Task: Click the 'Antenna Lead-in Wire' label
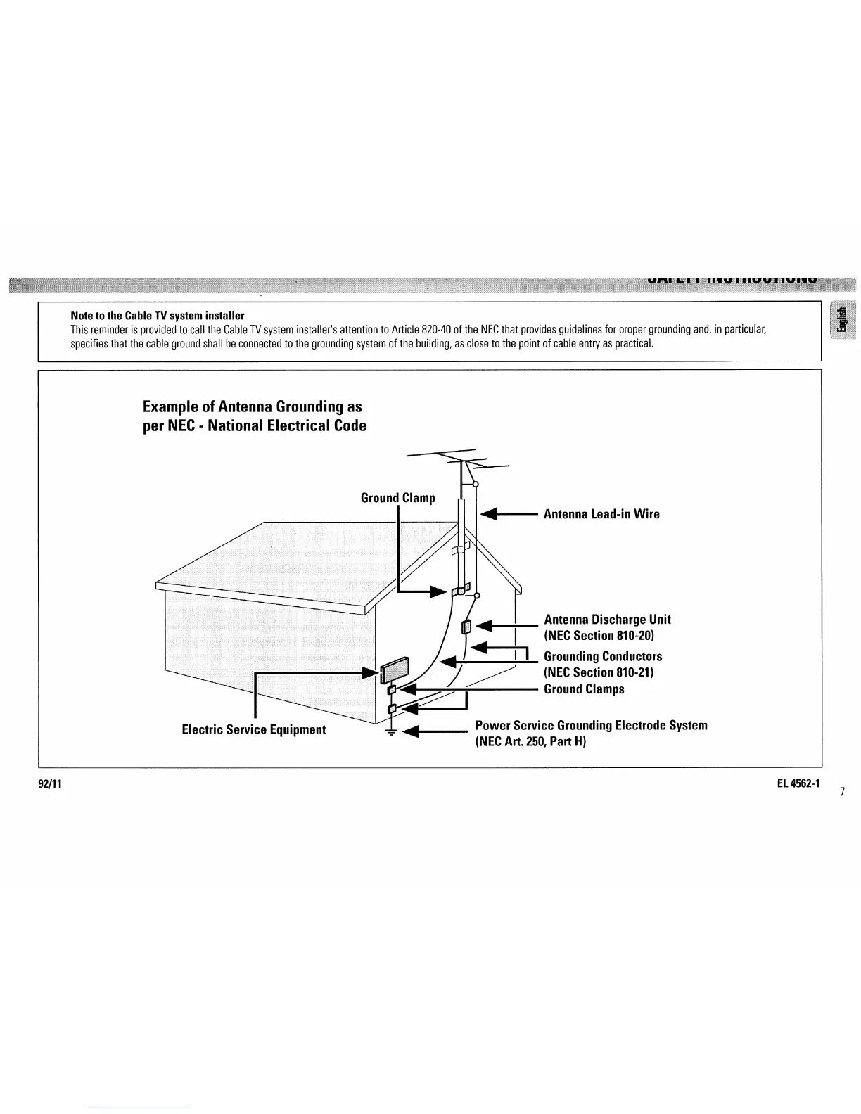(x=601, y=514)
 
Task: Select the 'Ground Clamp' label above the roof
(x=397, y=498)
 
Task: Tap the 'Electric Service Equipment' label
(x=253, y=729)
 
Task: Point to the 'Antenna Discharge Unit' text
(x=607, y=620)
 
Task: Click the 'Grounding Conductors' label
(x=603, y=656)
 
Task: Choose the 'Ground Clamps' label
(x=584, y=689)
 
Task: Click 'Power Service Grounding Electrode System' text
(x=591, y=725)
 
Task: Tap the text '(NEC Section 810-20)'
(x=599, y=636)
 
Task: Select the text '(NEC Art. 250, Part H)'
(x=530, y=741)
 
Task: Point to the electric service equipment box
(x=394, y=669)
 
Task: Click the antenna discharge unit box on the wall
(x=465, y=627)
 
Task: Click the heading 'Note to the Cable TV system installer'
(x=157, y=315)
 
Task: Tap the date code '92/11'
(x=51, y=783)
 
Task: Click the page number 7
(x=842, y=792)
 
